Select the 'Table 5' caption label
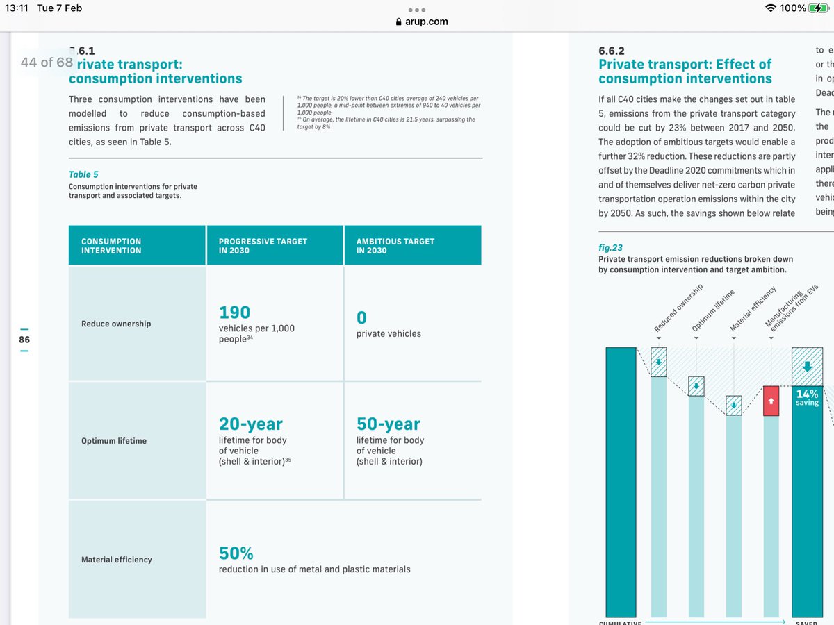coord(83,174)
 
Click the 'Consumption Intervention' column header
coord(111,246)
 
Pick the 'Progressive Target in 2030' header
coord(263,246)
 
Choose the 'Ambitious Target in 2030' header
coord(395,246)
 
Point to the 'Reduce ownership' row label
coord(116,324)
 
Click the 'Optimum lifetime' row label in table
coord(114,441)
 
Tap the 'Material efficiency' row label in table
coord(117,560)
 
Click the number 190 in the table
coord(234,312)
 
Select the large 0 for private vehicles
coord(361,318)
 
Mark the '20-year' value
coord(251,424)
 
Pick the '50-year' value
coord(389,424)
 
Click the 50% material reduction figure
coord(236,553)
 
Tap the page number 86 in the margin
coord(24,340)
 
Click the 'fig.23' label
coord(610,247)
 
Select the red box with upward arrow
coord(771,401)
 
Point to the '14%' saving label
coord(807,394)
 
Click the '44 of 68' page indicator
coord(47,62)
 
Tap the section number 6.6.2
coord(612,51)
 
